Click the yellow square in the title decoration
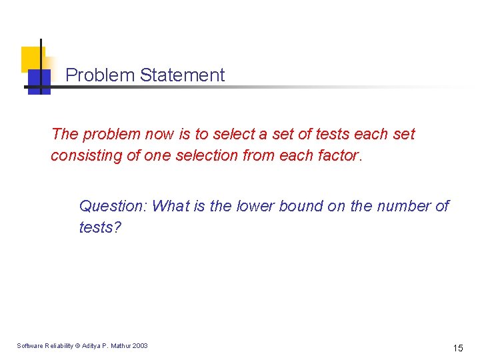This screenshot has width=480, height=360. coord(31,58)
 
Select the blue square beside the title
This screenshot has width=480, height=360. coord(39,81)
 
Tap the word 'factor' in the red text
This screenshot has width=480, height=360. coord(337,155)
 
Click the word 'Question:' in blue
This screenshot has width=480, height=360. coord(113,206)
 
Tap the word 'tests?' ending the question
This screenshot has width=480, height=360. coord(100,227)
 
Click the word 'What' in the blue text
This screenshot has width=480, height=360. coord(171,206)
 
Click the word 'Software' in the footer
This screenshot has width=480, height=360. coord(29,345)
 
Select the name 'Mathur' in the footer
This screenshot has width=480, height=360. coord(121,345)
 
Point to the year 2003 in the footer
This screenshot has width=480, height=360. coord(141,345)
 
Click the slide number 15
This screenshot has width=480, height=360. coord(458,347)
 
